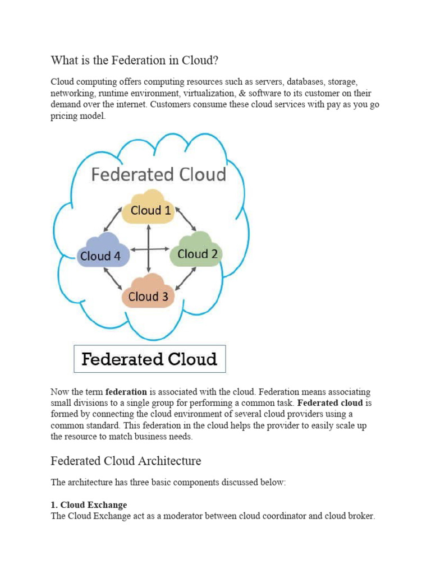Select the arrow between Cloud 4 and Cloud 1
pos(113,220)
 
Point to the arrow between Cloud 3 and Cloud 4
pos(114,279)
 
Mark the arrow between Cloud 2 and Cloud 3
pos(185,277)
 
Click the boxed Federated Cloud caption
pos(150,359)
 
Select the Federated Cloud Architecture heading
pos(126,461)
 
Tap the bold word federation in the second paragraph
pos(126,392)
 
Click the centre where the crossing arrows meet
pos(148,249)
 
